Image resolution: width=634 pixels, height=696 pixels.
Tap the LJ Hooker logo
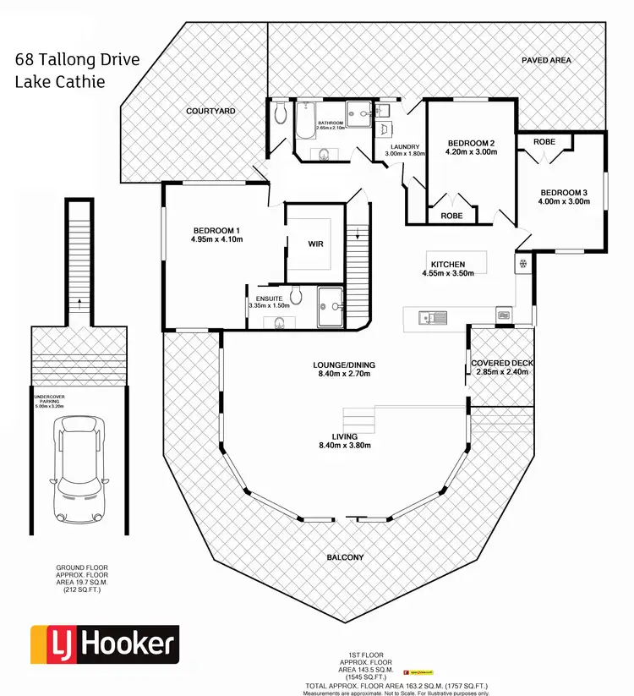coord(104,644)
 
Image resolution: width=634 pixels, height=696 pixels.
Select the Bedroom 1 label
coord(217,230)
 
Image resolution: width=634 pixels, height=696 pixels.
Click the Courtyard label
coord(210,111)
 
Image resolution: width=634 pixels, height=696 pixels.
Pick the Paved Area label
coord(546,60)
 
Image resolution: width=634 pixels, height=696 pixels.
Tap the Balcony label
coord(345,557)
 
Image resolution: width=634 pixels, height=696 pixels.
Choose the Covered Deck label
coord(502,363)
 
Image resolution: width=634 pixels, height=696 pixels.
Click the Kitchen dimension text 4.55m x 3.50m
coord(448,273)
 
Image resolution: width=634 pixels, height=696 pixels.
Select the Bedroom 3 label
coord(562,192)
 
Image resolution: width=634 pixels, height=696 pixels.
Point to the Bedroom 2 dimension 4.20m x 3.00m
coord(472,153)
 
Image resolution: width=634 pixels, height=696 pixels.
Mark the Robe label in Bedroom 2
coord(451,216)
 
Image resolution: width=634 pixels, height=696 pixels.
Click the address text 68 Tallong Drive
coord(78,61)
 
